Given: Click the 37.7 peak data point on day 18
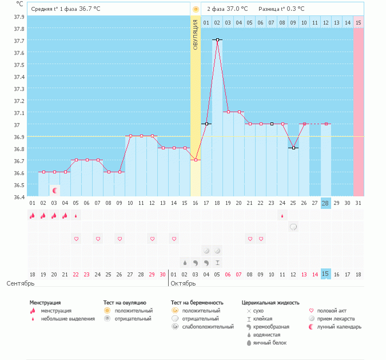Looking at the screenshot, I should pos(217,39).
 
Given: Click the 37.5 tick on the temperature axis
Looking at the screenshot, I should pos(19,65).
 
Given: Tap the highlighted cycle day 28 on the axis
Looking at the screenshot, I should pos(325,203).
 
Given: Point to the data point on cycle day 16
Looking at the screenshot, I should pos(196,160).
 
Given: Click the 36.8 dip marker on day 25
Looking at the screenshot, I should pos(293,148).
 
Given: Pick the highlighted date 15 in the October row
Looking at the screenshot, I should pos(325,274).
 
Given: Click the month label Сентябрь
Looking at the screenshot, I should pos(21,283).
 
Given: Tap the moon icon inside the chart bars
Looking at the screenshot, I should pos(55,190).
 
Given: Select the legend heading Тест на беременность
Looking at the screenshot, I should pos(197,302).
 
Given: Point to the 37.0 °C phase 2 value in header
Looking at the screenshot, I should pos(237,9).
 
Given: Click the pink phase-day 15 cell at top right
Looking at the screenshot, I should pos(358,22).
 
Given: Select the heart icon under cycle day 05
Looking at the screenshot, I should pos(76,238).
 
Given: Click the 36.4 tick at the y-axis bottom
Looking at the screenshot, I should pos(19,197).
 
